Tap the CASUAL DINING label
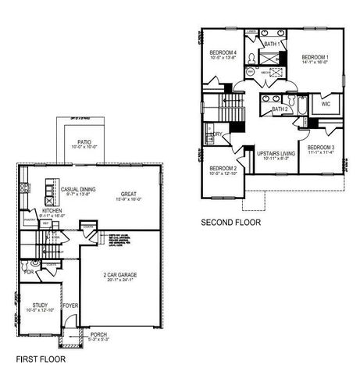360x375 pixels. pyautogui.click(x=77, y=188)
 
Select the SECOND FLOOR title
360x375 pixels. pyautogui.click(x=231, y=223)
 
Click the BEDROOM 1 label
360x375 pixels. pyautogui.click(x=315, y=58)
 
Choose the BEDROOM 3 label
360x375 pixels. pyautogui.click(x=321, y=147)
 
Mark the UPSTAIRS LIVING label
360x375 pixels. pyautogui.click(x=276, y=154)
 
